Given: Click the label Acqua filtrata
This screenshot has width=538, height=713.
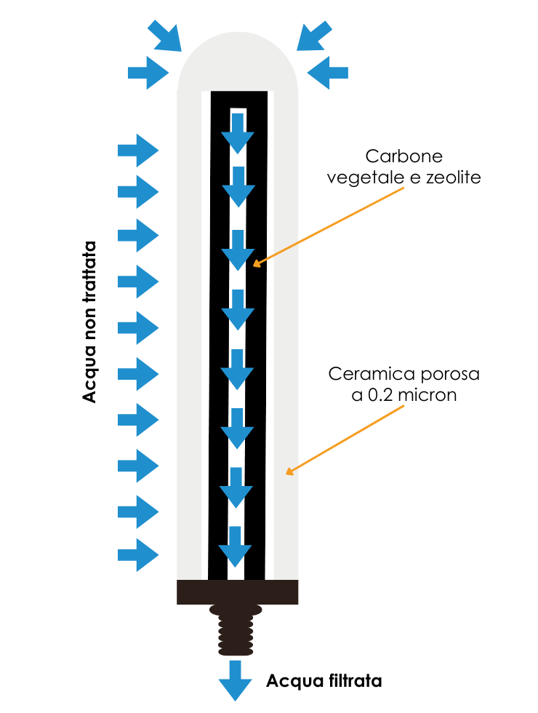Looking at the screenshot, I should click(324, 682).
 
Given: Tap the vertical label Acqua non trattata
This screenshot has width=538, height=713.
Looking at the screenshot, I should click(89, 320).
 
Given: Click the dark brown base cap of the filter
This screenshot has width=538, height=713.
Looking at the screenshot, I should click(237, 592).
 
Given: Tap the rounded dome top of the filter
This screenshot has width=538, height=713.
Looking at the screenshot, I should click(238, 62).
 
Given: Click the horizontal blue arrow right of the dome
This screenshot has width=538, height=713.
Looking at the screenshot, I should click(328, 73).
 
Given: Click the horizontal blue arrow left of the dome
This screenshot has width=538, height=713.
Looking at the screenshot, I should click(148, 73).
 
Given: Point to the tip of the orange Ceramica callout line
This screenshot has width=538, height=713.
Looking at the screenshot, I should click(287, 474).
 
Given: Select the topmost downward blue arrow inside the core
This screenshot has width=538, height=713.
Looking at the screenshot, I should click(238, 132).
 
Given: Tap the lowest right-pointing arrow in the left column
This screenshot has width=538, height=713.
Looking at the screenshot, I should click(138, 555).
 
